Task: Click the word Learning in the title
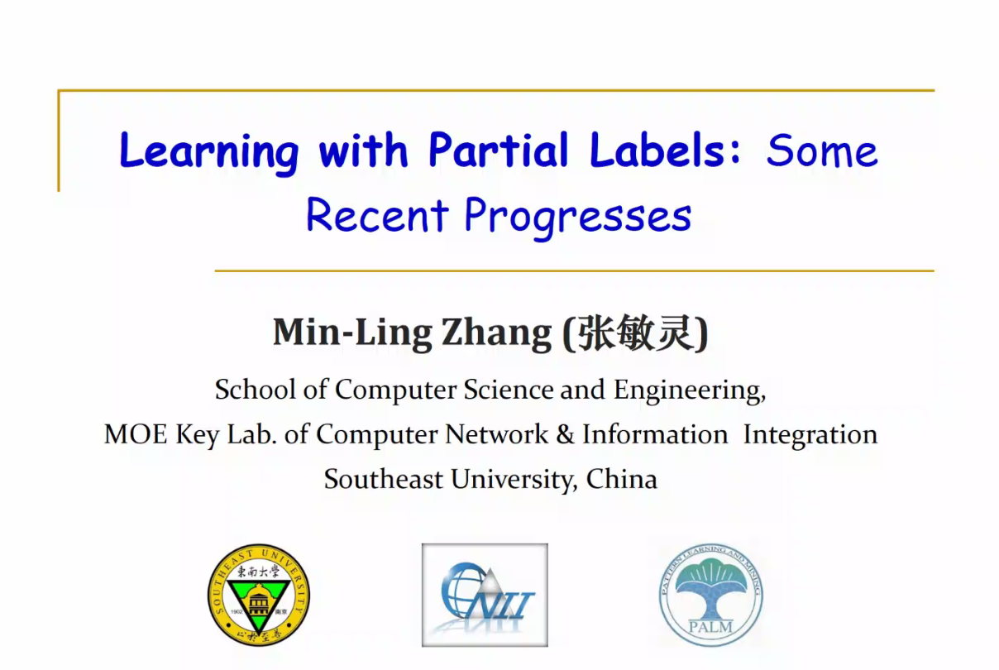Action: [208, 152]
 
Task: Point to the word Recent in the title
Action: [377, 215]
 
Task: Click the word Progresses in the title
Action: [578, 218]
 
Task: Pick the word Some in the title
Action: [822, 151]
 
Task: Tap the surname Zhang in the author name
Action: [496, 334]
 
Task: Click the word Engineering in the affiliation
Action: [690, 390]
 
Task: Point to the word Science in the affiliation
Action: [508, 390]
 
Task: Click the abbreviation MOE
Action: [136, 434]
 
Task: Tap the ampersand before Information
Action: [565, 434]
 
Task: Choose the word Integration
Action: [810, 435]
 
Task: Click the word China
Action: [622, 479]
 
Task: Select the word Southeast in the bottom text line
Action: [384, 479]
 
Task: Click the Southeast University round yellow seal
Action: [259, 595]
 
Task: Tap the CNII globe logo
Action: [485, 595]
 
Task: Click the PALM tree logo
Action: [711, 595]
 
